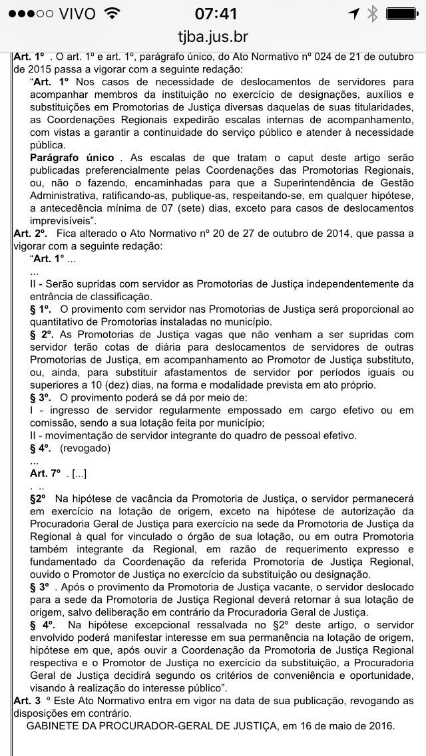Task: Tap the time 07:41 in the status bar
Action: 213,13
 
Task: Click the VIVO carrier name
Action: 77,13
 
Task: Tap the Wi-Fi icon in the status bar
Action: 112,13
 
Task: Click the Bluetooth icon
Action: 373,13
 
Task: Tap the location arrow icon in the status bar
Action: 353,13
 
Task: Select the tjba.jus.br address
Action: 213,37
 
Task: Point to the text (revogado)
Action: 85,448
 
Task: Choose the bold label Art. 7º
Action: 45,473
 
